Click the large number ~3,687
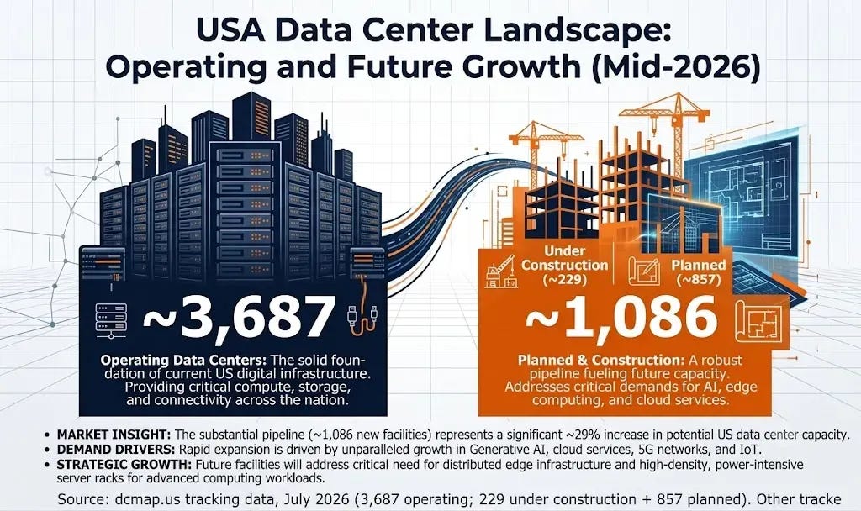(x=239, y=318)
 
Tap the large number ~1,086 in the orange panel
(x=622, y=318)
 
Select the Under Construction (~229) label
(x=564, y=265)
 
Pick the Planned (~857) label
(x=698, y=272)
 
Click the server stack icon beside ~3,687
(x=111, y=320)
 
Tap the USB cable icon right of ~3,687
(x=362, y=320)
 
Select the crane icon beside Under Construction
(x=501, y=271)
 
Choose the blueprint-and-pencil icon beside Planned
(x=643, y=272)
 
